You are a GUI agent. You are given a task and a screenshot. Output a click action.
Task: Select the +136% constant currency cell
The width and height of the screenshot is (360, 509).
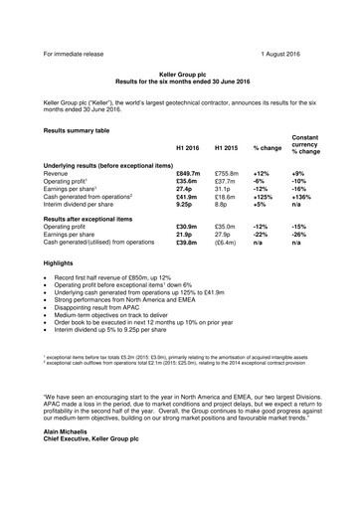pos(308,199)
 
